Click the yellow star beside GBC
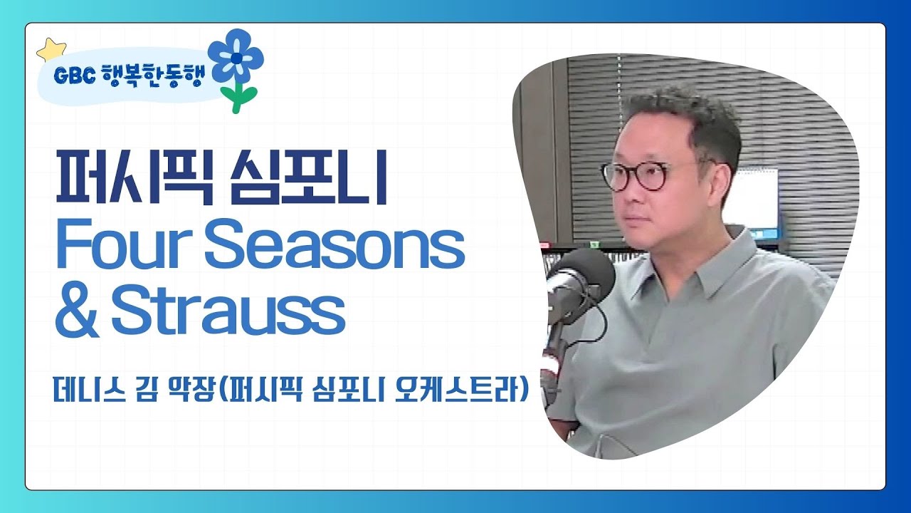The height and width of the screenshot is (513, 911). pyautogui.click(x=51, y=50)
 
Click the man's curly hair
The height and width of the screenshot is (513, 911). pyautogui.click(x=683, y=114)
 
